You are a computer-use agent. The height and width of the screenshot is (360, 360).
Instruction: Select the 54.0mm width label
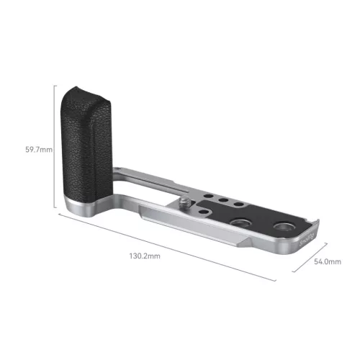pos(328,262)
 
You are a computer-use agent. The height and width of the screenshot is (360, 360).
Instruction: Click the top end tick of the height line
pos(55,84)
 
